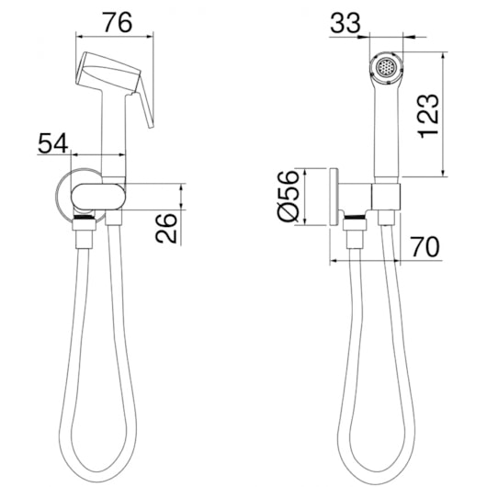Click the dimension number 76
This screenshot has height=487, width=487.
(x=118, y=22)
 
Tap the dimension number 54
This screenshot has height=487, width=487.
(x=52, y=143)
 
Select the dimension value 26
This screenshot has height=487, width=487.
(x=166, y=228)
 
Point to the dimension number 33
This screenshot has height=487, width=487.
(x=345, y=23)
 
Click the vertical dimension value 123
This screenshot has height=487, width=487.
(x=429, y=116)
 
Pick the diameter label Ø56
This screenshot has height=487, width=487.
(x=288, y=196)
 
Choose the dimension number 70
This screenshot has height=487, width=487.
(x=425, y=246)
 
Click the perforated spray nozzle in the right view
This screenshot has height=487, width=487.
(x=386, y=67)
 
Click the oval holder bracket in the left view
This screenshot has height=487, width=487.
(x=98, y=197)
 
